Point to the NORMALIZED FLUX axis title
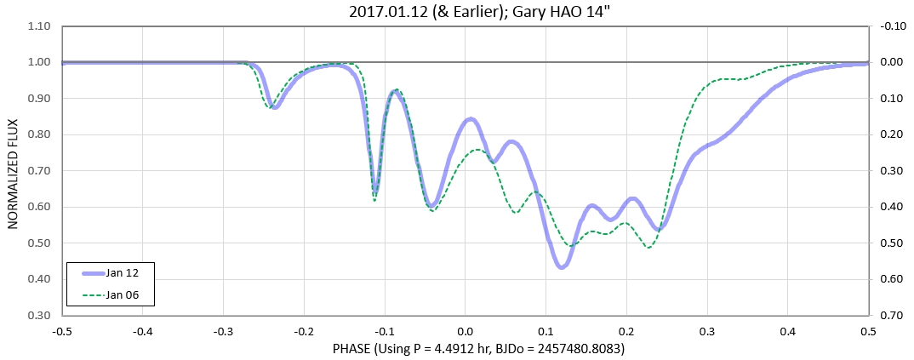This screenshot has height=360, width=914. [x=14, y=170]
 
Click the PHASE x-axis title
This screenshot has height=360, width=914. [x=465, y=349]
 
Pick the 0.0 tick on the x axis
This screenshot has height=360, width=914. [x=465, y=330]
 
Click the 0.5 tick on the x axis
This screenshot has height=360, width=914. [x=868, y=330]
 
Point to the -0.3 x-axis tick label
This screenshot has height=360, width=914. [x=222, y=330]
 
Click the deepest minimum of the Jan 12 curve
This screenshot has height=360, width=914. [x=562, y=267]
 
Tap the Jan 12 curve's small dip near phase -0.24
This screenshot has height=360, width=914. [x=274, y=107]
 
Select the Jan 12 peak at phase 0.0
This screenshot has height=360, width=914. [x=470, y=120]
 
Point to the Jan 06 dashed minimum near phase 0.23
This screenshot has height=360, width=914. [x=649, y=248]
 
